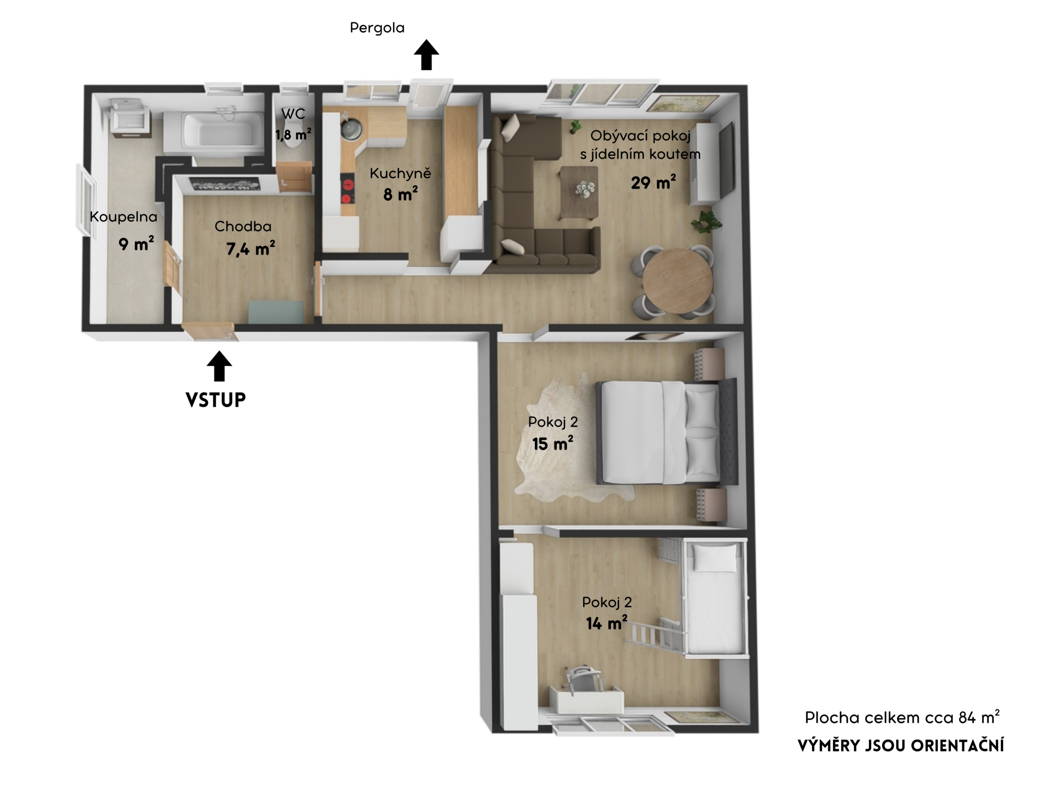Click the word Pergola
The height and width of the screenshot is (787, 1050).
[x=377, y=28]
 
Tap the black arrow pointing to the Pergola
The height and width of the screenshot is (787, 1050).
[x=427, y=55]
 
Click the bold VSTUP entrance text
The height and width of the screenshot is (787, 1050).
[x=216, y=400]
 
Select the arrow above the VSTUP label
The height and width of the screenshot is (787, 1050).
[x=219, y=366]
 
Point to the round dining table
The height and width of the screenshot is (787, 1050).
[x=678, y=281]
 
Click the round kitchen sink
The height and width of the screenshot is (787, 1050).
[x=350, y=130]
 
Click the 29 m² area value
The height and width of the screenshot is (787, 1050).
[x=654, y=182]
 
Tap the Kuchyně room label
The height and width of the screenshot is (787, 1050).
[x=400, y=173]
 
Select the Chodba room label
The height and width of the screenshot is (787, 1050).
[x=243, y=226]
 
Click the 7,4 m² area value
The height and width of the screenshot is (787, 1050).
[x=250, y=249]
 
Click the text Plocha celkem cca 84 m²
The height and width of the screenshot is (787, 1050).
[x=902, y=717]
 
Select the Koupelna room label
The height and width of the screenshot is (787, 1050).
[x=124, y=216]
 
